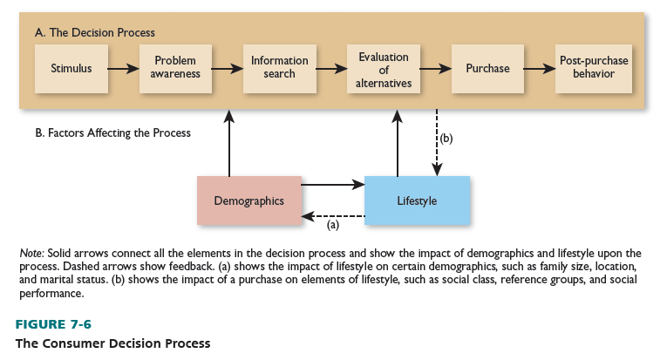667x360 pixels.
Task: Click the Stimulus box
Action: pos(71,68)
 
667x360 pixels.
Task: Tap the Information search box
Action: pos(279,68)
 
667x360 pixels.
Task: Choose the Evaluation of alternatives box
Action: pos(383,68)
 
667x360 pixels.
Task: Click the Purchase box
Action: pos(487,68)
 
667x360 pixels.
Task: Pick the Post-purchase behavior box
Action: pos(593,68)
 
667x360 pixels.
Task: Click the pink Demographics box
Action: pos(248,200)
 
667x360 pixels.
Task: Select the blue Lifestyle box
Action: pos(417,200)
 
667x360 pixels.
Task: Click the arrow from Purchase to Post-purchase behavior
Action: pos(540,68)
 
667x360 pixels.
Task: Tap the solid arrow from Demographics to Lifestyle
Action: pos(332,184)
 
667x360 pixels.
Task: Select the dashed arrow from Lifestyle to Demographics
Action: pos(332,215)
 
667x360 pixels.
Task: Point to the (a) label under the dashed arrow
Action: pos(332,225)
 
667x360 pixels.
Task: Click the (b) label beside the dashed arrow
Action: pos(447,138)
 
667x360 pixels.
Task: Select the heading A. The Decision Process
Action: pos(94,33)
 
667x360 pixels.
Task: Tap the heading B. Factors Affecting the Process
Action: pos(112,133)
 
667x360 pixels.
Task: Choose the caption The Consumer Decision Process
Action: pos(112,343)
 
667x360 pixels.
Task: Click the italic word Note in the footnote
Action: pos(31,253)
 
